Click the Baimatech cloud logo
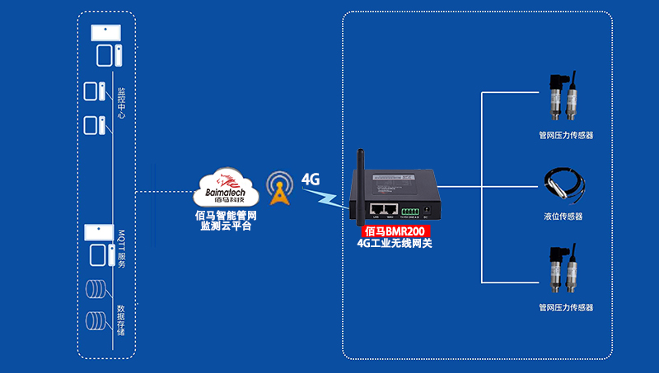click(x=225, y=188)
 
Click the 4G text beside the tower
click(x=311, y=179)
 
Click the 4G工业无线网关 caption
click(x=394, y=244)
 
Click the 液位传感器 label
click(x=563, y=217)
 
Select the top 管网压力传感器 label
click(x=565, y=135)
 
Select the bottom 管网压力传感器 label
click(x=565, y=307)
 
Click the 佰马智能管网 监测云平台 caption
click(x=225, y=220)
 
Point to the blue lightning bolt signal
click(x=323, y=198)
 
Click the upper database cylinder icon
click(x=97, y=290)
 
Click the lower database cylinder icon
click(x=97, y=320)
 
